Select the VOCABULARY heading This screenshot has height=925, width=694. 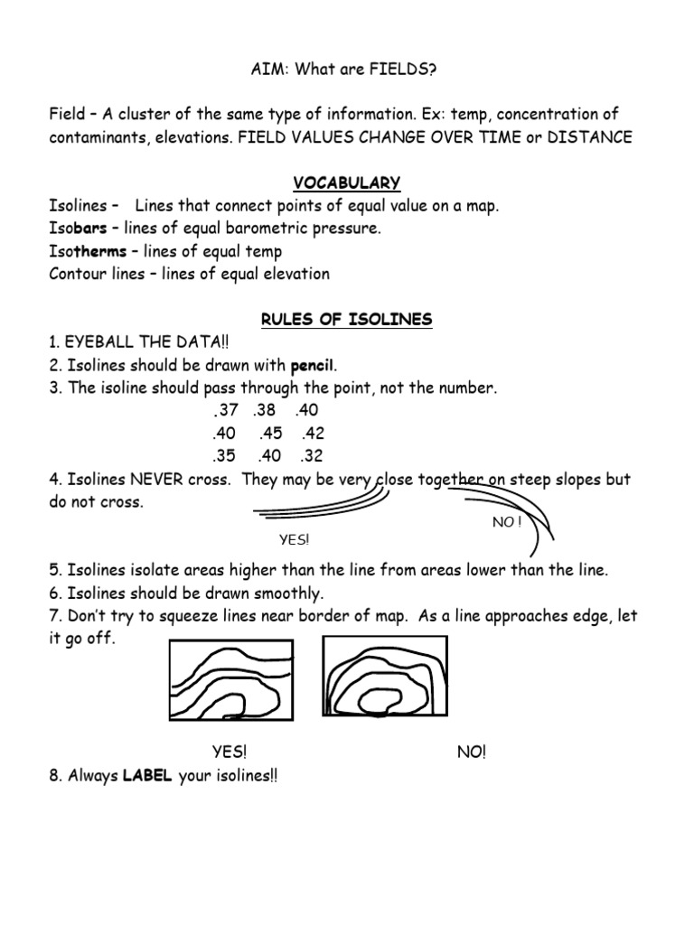[x=347, y=182]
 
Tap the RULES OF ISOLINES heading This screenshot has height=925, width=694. [x=347, y=319]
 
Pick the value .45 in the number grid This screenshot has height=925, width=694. [x=268, y=432]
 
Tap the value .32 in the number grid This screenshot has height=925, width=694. [x=314, y=454]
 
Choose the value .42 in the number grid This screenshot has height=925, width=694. [x=314, y=432]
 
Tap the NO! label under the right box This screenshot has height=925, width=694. [x=471, y=752]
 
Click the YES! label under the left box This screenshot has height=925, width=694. [x=230, y=752]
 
